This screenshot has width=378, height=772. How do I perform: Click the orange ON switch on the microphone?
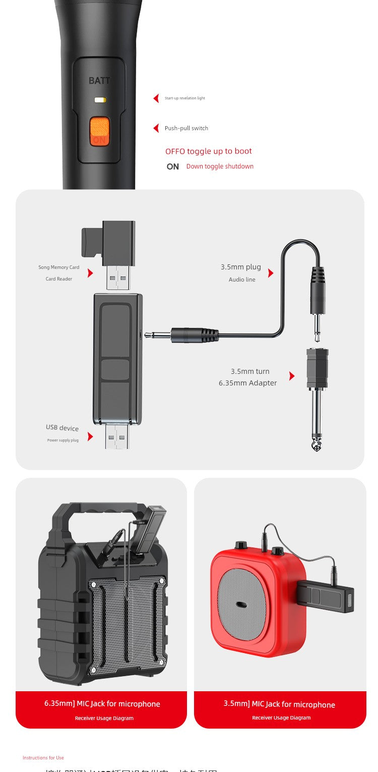point(100,131)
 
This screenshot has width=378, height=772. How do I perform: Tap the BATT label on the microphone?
point(99,81)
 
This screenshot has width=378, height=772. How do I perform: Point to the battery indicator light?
point(100,100)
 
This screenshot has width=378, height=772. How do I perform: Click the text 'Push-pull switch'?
point(186,128)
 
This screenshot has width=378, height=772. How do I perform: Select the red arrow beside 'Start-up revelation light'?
point(156,98)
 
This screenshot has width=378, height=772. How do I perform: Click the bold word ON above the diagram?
point(173,167)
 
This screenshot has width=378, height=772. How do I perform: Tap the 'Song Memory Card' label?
point(59,267)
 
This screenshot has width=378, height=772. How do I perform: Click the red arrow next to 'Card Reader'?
point(90,273)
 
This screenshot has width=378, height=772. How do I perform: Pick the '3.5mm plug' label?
point(241,267)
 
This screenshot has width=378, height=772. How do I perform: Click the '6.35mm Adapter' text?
point(248,383)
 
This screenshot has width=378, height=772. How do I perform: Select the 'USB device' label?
point(62,428)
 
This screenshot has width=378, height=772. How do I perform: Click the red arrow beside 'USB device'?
point(90,436)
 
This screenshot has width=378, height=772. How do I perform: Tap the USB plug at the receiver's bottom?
point(117,436)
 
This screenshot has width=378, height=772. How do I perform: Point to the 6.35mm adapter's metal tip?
point(317,444)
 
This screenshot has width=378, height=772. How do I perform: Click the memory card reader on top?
point(108,242)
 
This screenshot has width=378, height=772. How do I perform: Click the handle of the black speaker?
point(96,512)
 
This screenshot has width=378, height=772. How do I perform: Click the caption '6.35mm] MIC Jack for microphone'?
point(102,704)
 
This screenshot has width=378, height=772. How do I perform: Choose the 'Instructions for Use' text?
point(43,758)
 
